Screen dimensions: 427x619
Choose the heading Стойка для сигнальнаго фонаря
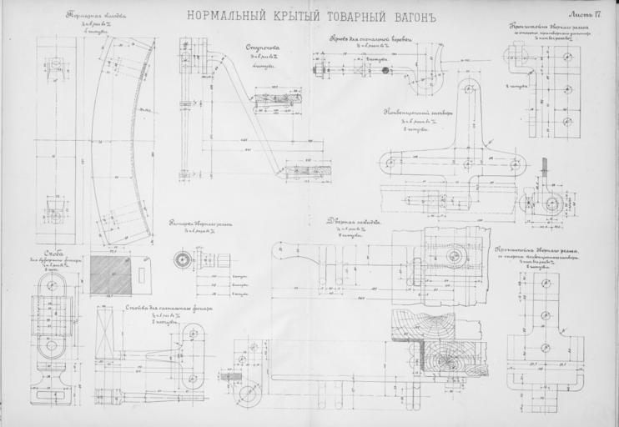(169, 307)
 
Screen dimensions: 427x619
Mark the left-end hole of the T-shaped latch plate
(389, 163)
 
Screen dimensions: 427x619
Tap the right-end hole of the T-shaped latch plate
(516, 164)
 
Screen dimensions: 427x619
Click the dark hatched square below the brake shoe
(110, 274)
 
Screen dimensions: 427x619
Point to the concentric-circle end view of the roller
(182, 259)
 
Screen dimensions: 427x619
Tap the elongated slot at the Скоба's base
(52, 387)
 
